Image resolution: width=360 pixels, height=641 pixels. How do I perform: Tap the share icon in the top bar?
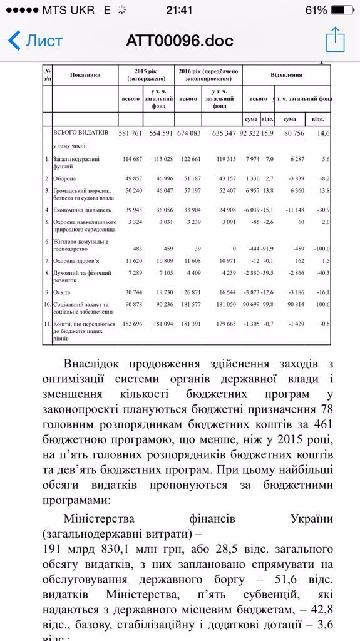click(x=335, y=39)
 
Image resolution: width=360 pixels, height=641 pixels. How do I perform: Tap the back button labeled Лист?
click(x=36, y=41)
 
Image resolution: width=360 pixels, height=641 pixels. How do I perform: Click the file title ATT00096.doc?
click(x=180, y=41)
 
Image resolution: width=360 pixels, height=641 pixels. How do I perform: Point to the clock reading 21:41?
click(x=180, y=10)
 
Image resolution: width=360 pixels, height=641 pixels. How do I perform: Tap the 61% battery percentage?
click(x=316, y=10)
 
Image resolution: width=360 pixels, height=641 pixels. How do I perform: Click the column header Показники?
click(x=85, y=75)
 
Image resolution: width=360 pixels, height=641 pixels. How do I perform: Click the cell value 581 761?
click(x=134, y=133)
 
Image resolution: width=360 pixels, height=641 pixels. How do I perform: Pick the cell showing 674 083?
click(x=188, y=133)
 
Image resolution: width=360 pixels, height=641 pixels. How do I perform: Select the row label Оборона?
click(x=65, y=178)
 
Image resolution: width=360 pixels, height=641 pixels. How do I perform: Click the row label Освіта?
click(x=61, y=292)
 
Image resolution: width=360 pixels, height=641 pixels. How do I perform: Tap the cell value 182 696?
click(x=134, y=324)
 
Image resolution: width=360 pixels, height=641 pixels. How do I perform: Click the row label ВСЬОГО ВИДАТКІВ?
click(x=81, y=133)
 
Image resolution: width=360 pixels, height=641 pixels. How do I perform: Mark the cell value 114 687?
click(x=134, y=158)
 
